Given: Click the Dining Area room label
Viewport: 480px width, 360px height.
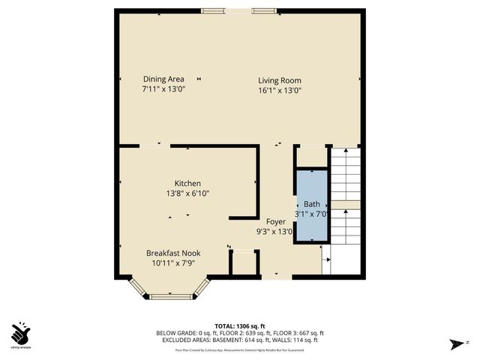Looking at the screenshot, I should click(x=163, y=79).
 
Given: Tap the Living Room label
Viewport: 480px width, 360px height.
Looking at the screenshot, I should click(x=280, y=80).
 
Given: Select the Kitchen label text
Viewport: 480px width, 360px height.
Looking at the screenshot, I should click(x=187, y=184).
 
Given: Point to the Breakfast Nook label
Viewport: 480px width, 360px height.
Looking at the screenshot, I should click(x=172, y=253).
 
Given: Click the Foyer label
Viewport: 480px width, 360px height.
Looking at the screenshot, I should click(x=275, y=222).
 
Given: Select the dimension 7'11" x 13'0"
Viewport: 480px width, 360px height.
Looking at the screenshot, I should click(x=163, y=89).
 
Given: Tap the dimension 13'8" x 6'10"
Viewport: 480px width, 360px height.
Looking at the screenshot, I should click(x=187, y=193).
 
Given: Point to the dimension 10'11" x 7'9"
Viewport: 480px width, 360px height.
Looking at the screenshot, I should click(x=172, y=263).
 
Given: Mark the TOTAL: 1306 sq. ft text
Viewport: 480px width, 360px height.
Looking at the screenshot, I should click(x=239, y=325).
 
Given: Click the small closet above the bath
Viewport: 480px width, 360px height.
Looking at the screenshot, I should click(x=311, y=156).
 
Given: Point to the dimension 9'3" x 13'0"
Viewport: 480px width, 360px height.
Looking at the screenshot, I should click(x=274, y=232).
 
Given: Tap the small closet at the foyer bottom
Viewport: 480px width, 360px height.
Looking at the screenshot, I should click(x=243, y=265).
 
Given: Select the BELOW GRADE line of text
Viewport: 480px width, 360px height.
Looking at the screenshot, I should click(x=239, y=333).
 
